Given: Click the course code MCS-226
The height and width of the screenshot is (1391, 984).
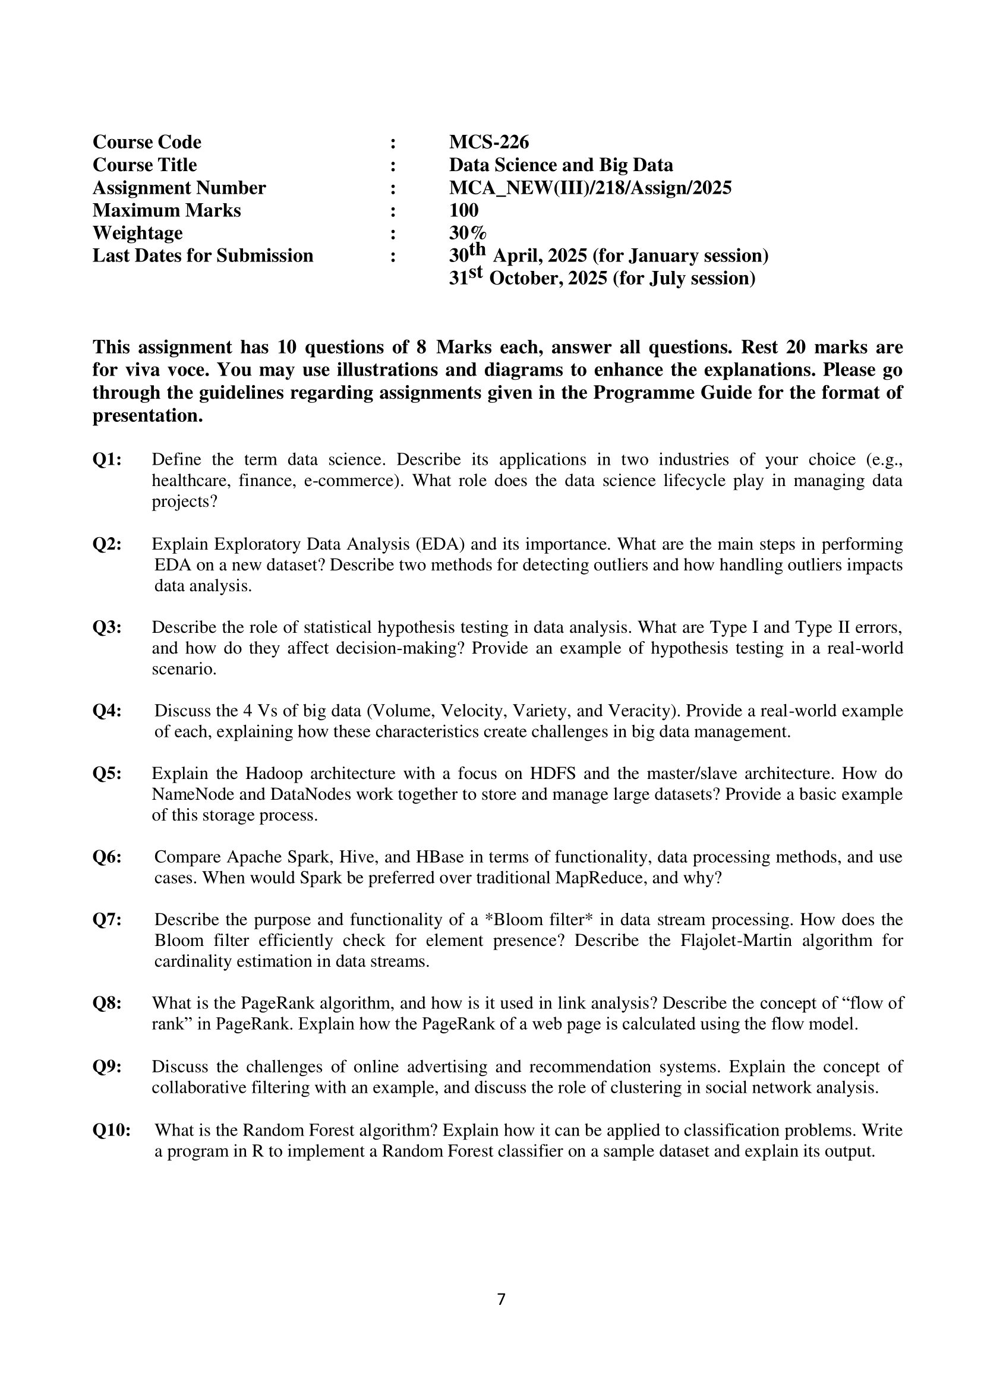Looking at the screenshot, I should click(x=488, y=143).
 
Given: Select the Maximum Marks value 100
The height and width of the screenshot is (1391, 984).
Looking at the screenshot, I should click(x=463, y=211).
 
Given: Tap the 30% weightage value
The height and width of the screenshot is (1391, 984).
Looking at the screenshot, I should click(x=467, y=234).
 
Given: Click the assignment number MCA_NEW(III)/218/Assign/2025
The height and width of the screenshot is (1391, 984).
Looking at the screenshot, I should click(x=589, y=188).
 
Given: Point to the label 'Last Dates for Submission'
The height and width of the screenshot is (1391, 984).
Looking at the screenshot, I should click(x=203, y=256).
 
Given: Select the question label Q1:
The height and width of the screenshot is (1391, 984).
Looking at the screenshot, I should click(x=106, y=460).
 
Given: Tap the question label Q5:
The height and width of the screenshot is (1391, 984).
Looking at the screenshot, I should click(x=106, y=774).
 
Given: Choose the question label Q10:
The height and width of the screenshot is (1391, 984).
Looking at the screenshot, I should click(x=112, y=1130).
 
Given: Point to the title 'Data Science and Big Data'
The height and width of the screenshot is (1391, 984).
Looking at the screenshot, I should click(x=560, y=165).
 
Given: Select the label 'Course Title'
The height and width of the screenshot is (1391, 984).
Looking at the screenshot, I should click(x=144, y=165).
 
